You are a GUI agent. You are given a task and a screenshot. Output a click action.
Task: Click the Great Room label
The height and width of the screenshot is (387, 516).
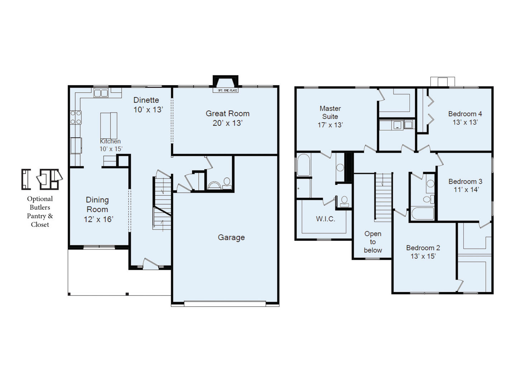pyautogui.click(x=227, y=118)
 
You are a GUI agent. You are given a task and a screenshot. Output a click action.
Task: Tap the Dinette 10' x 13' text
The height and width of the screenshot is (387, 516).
pyautogui.click(x=148, y=105)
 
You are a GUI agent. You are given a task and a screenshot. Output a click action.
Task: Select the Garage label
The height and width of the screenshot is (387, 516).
pyautogui.click(x=231, y=238)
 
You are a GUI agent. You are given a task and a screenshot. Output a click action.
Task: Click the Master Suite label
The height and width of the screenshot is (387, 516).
pyautogui.click(x=330, y=116)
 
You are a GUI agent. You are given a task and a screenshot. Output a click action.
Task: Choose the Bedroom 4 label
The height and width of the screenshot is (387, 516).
pyautogui.click(x=465, y=118)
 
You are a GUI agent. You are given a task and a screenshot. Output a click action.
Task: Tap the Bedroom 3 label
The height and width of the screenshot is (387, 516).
pyautogui.click(x=465, y=186)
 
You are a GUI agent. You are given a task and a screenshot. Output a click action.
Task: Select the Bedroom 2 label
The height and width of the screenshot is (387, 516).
pyautogui.click(x=423, y=252)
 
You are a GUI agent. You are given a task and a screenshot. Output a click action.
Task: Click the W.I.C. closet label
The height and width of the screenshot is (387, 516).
pyautogui.click(x=325, y=219)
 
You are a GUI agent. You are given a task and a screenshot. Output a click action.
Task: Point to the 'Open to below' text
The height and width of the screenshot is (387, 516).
pyautogui.click(x=373, y=242)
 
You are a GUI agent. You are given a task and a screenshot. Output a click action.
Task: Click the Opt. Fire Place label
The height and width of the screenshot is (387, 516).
pyautogui.click(x=228, y=90)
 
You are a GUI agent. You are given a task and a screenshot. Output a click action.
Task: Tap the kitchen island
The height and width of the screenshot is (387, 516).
pyautogui.click(x=109, y=125)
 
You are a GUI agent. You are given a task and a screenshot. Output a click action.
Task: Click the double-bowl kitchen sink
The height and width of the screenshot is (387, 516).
pyautogui.click(x=101, y=93)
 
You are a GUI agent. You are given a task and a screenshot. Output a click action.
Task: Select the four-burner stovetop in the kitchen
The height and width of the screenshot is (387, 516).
pyautogui.click(x=76, y=118)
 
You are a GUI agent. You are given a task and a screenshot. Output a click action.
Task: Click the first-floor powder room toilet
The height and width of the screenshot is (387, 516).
pyautogui.click(x=226, y=182)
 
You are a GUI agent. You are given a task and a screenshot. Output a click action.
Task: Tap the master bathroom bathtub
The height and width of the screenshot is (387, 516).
pyautogui.click(x=303, y=165)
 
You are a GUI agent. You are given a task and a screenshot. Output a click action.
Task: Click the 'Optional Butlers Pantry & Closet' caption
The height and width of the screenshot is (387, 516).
pyautogui.click(x=40, y=211)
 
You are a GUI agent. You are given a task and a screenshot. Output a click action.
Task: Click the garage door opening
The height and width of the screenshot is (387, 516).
pyautogui.click(x=225, y=304)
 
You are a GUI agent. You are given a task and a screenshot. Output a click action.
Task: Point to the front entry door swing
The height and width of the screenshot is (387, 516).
pyautogui.click(x=150, y=263)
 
